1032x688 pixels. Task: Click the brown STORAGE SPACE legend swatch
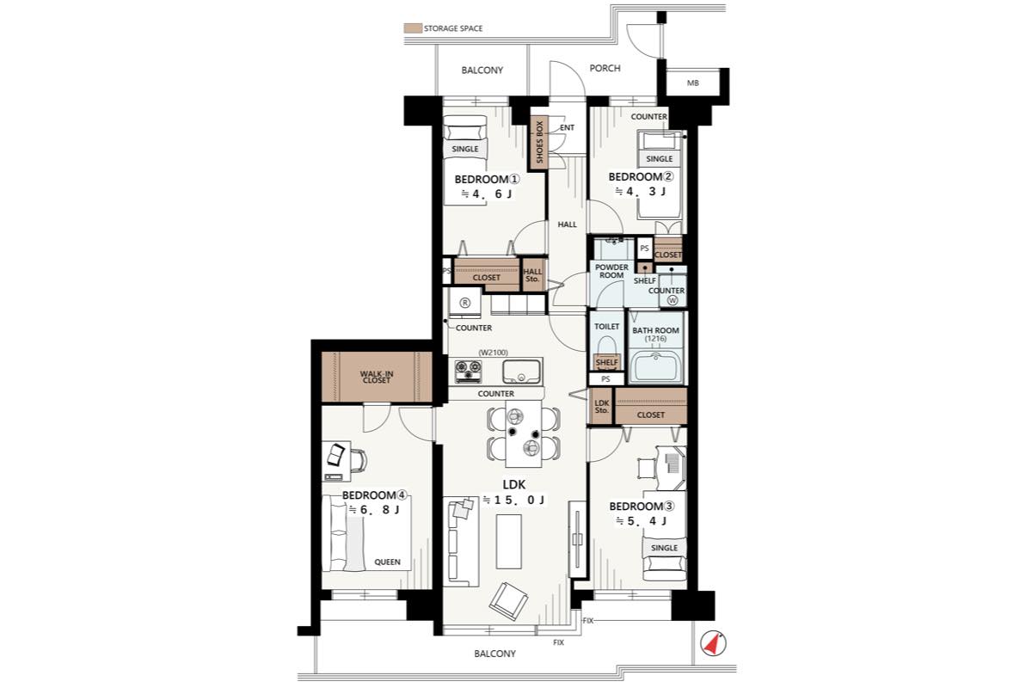coord(413,28)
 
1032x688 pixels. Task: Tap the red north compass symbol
coord(713,643)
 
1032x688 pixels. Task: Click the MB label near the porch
coord(693,83)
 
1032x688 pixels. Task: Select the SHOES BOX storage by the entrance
coord(539,143)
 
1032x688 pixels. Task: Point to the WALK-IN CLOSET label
coord(377,377)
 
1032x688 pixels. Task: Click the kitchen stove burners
coord(468,371)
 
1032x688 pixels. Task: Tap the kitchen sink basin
coord(521,372)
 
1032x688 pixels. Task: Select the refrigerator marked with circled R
coord(465,303)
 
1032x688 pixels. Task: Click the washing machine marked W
coord(673,291)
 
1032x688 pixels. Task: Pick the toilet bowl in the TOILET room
coord(606,347)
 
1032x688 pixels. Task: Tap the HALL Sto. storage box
coord(533,274)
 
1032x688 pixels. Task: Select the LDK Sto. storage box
coord(601,407)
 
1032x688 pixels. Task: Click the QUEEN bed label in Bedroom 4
coord(388,562)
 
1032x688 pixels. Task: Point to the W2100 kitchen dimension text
coord(493,353)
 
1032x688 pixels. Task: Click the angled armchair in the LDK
coord(508,601)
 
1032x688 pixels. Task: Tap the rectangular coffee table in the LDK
coord(508,542)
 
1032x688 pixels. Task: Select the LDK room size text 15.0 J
coord(514,500)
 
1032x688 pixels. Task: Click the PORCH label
coord(605,68)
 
